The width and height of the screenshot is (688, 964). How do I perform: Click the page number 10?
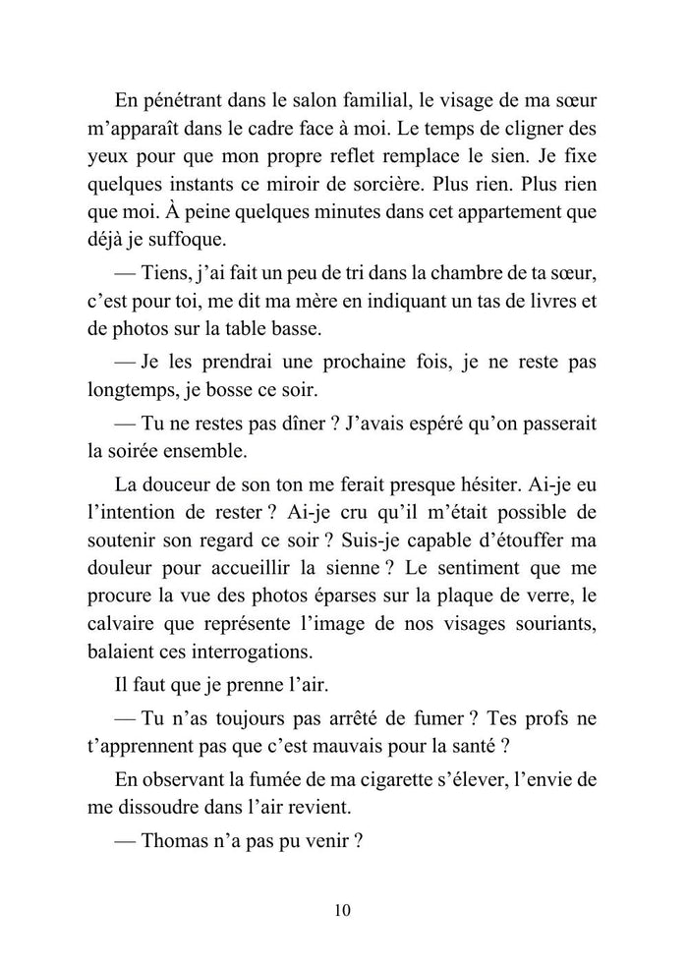tap(343, 910)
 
